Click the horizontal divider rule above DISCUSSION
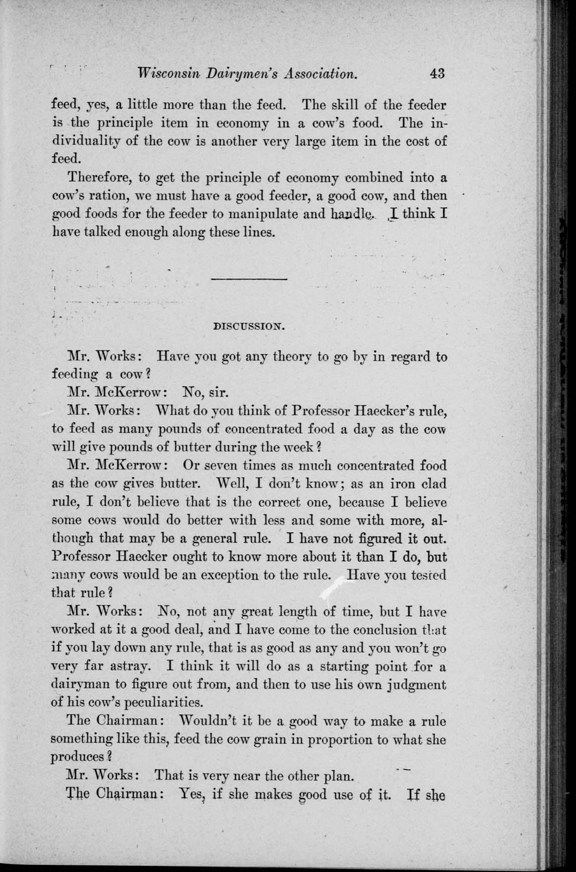[x=249, y=278]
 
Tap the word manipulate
[x=265, y=214]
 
